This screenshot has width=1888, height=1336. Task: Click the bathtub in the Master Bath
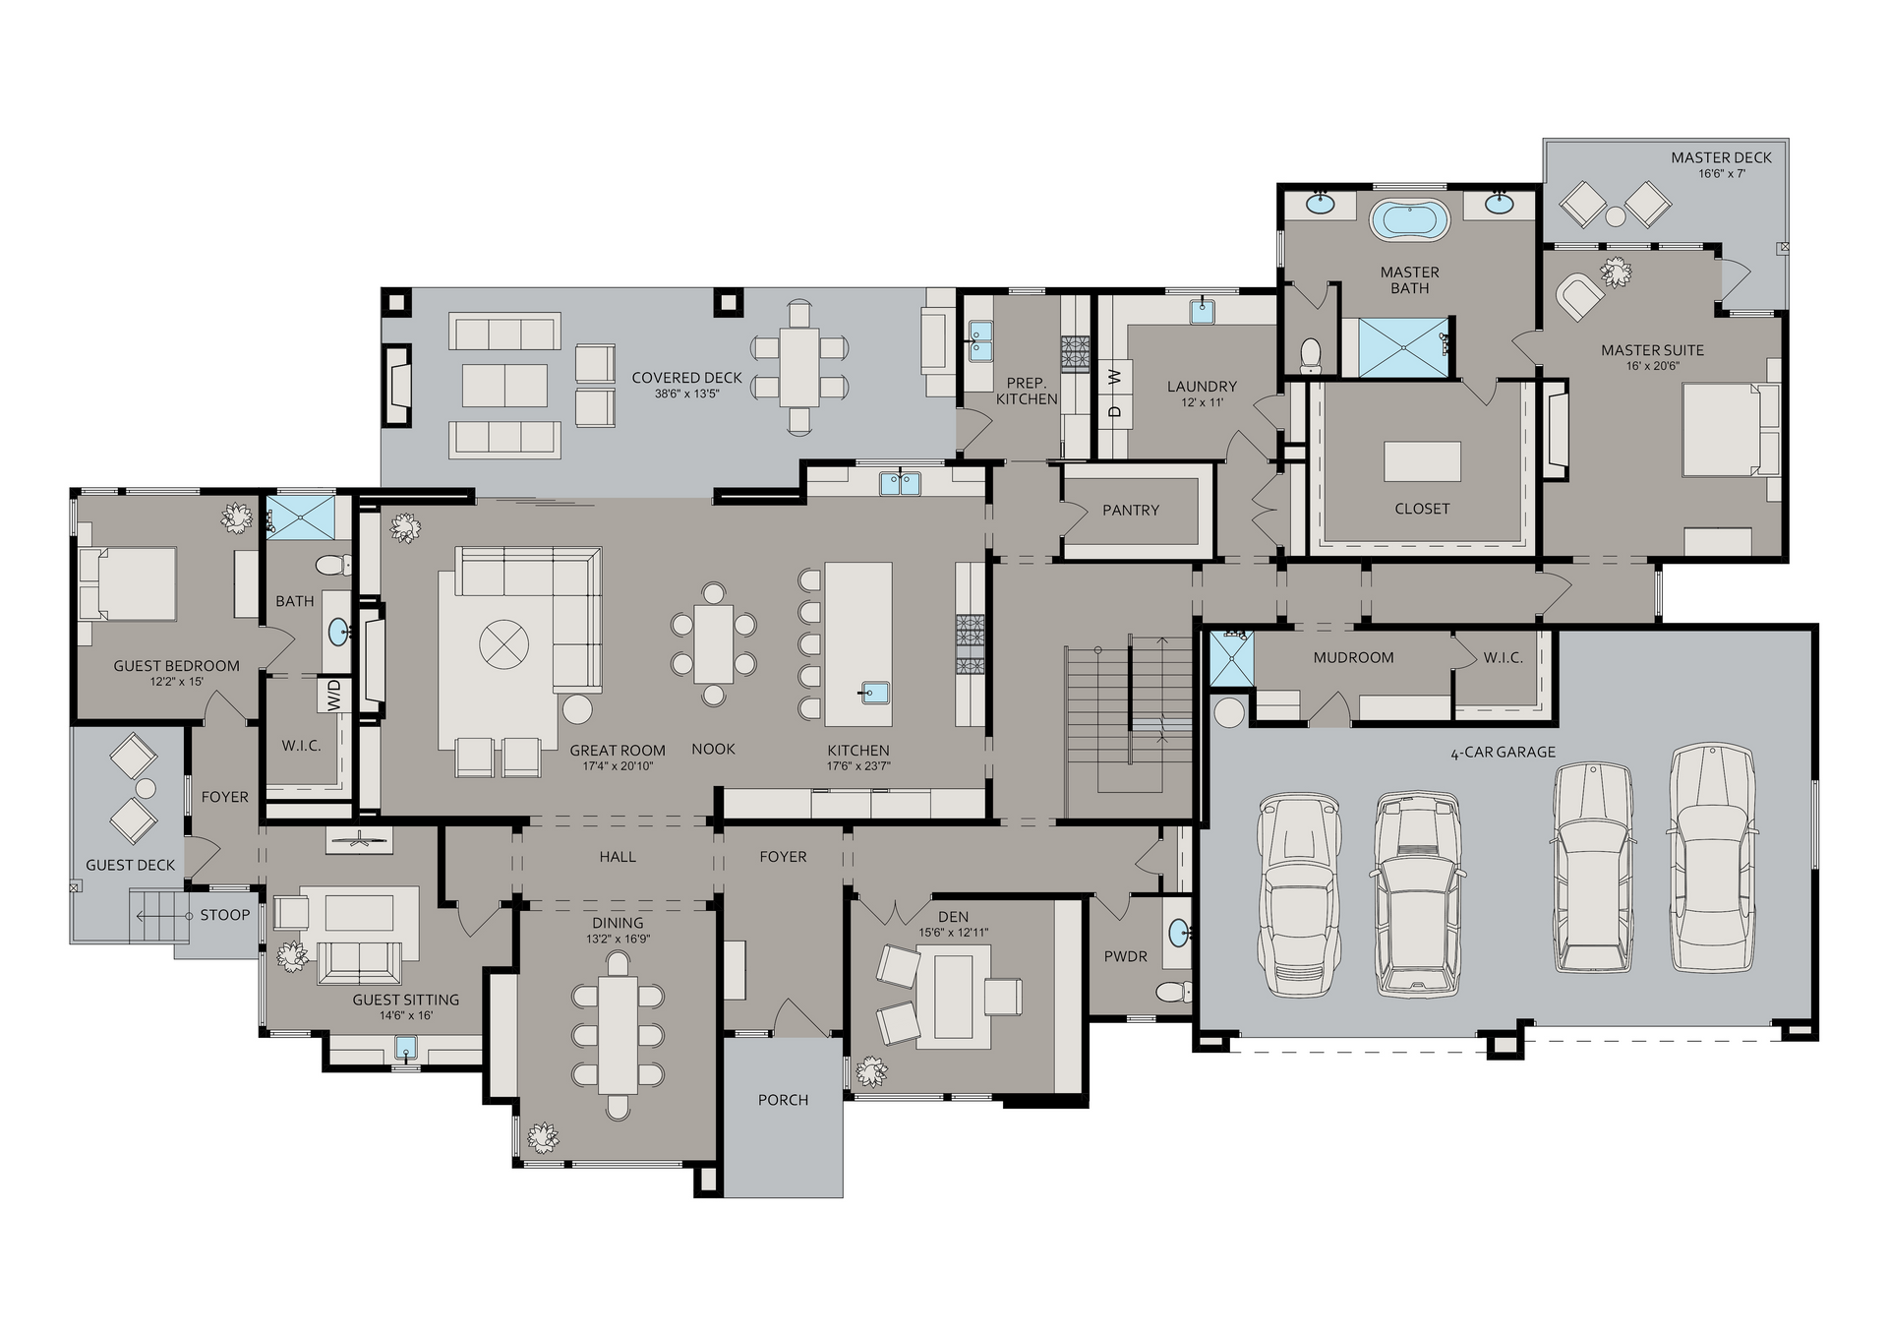point(1409,217)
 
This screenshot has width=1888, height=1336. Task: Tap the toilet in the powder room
point(1172,990)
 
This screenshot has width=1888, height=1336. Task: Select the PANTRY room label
point(1131,510)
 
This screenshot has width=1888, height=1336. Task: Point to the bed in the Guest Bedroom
point(129,583)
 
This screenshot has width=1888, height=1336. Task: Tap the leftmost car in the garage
point(1299,895)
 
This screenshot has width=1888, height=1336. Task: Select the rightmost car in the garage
point(1712,858)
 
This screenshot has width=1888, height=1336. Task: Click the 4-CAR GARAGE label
point(1503,753)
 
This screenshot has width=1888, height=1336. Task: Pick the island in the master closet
point(1422,461)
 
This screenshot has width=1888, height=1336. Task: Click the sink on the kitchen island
point(874,693)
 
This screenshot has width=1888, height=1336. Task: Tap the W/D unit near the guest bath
point(333,696)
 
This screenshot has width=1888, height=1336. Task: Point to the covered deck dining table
point(799,367)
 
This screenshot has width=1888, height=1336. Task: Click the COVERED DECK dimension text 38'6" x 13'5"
point(687,394)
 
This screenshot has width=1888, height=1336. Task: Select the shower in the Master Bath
point(1404,346)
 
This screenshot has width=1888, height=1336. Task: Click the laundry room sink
point(1202,312)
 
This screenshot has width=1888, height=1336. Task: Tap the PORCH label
point(783,1100)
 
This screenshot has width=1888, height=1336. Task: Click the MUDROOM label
point(1353,657)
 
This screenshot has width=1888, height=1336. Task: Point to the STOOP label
point(225,915)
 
